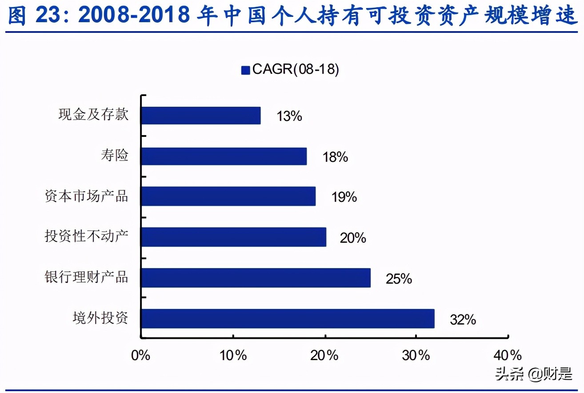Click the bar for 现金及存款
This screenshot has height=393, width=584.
(x=201, y=116)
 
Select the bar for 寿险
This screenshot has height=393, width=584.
(x=224, y=156)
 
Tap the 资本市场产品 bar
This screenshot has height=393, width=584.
(x=228, y=196)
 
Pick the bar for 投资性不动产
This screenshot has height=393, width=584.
(x=234, y=237)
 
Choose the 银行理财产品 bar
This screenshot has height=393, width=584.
(x=256, y=278)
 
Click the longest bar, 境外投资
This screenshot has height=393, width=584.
(x=288, y=319)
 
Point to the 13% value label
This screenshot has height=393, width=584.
(x=289, y=116)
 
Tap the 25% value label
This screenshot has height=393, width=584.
(x=399, y=279)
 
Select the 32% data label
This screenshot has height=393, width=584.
(x=463, y=320)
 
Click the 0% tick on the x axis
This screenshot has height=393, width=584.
(x=141, y=355)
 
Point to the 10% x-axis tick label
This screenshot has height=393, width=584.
(x=233, y=355)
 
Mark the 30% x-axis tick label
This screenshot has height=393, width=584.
(x=417, y=355)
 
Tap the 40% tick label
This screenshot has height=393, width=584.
(x=508, y=355)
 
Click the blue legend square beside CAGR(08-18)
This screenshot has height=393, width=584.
(x=245, y=70)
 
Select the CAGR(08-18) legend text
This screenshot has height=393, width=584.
(x=296, y=70)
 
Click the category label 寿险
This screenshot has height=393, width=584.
(x=114, y=156)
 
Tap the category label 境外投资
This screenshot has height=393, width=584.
(x=100, y=318)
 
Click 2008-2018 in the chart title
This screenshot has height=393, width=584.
(x=136, y=16)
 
